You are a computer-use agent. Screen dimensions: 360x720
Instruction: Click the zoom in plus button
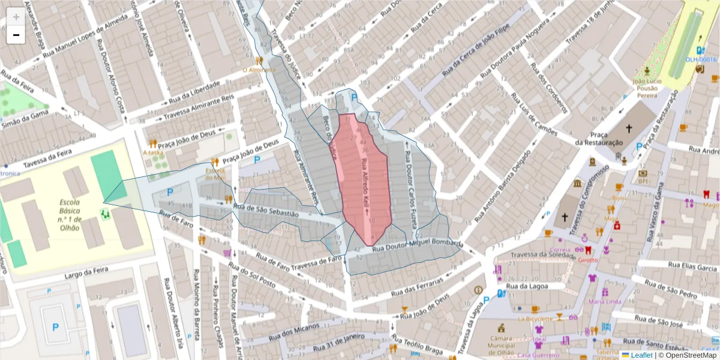click(x=16, y=17)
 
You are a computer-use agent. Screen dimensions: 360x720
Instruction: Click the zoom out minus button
click(x=16, y=35)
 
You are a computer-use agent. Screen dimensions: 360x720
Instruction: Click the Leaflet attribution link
click(x=641, y=355)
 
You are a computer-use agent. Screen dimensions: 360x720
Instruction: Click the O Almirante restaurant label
click(x=259, y=70)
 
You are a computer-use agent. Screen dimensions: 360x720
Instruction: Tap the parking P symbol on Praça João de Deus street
click(x=257, y=160)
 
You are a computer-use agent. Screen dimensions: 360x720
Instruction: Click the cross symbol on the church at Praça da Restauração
click(x=629, y=128)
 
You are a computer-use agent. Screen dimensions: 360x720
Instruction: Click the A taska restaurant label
click(x=153, y=152)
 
